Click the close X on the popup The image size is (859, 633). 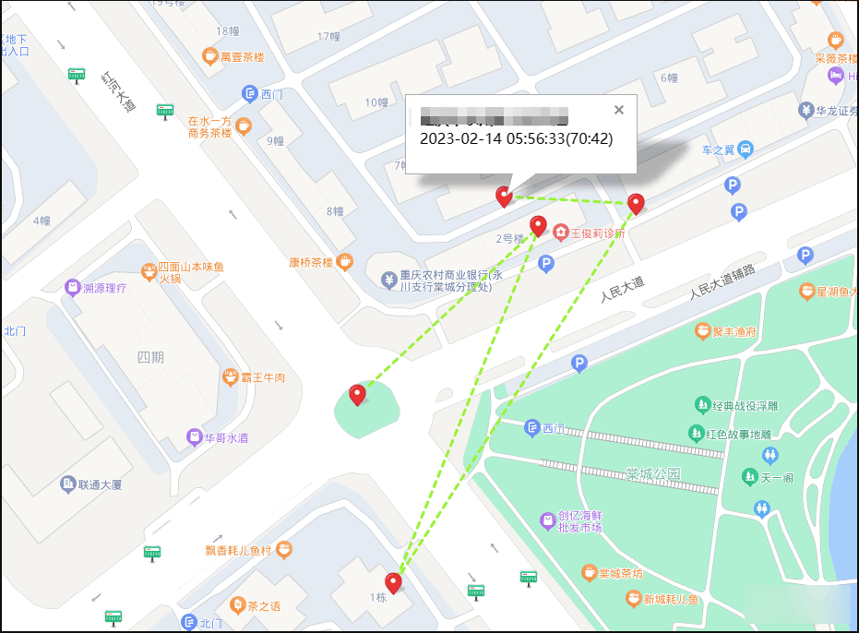(x=619, y=110)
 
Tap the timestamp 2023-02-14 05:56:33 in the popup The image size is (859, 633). (x=516, y=139)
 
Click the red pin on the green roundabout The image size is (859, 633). (x=357, y=395)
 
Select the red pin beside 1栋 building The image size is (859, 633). (x=394, y=582)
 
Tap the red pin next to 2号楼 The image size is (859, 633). (x=538, y=225)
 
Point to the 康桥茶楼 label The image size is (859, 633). (x=310, y=262)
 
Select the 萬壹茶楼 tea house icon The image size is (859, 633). (x=210, y=57)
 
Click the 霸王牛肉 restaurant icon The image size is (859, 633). (x=230, y=377)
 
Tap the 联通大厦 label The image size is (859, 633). (x=101, y=484)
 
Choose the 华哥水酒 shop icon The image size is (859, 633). (x=194, y=437)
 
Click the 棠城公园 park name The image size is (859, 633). (x=652, y=473)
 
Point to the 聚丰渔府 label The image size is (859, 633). (x=734, y=330)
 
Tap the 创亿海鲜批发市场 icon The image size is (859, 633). (x=549, y=521)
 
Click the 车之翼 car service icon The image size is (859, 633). (x=746, y=149)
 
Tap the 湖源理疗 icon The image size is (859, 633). (x=72, y=288)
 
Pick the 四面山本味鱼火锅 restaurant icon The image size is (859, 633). (x=149, y=272)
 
